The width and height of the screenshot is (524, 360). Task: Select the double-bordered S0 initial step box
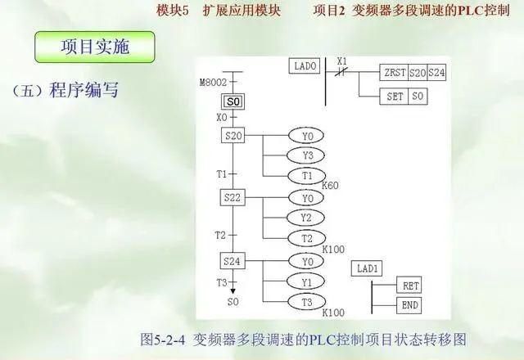click(x=233, y=101)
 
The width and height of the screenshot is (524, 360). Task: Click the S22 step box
click(x=233, y=198)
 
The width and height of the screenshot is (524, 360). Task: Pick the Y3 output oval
click(x=307, y=155)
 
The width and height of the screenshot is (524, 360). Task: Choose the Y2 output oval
click(x=307, y=218)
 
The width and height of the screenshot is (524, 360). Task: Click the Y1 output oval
click(x=307, y=281)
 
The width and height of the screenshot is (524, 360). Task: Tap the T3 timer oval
click(x=307, y=301)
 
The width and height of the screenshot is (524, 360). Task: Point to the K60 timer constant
click(x=330, y=186)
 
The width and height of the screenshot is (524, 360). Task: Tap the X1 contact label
click(x=342, y=61)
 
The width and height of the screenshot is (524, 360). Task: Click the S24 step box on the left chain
click(x=233, y=261)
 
